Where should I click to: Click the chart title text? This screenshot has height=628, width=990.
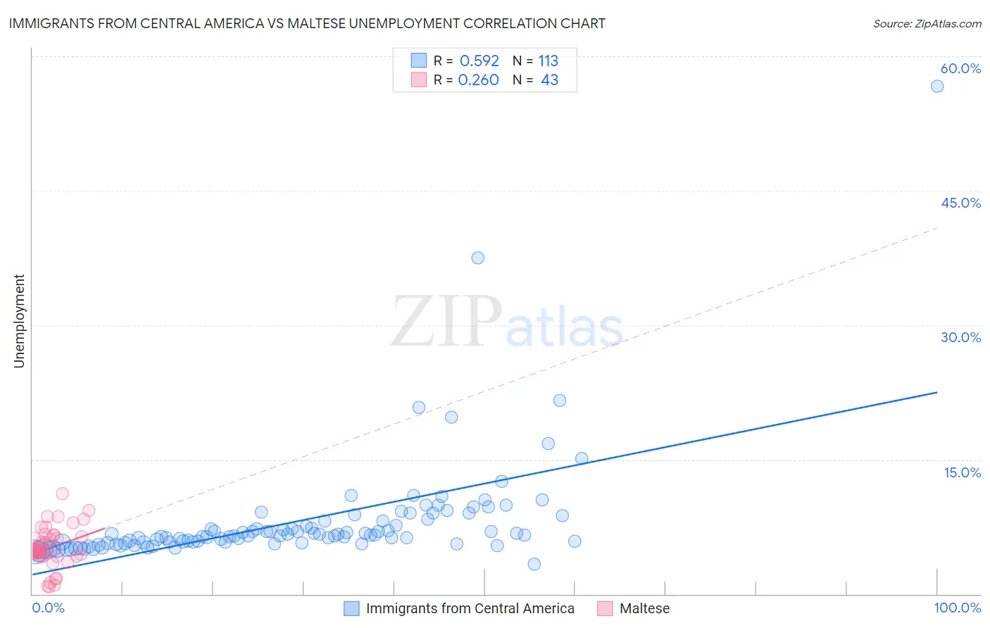[x=307, y=23]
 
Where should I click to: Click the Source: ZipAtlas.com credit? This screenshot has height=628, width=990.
[x=927, y=23]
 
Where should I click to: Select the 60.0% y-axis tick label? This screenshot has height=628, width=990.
[x=960, y=68]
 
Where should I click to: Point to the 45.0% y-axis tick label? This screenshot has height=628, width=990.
[x=960, y=203]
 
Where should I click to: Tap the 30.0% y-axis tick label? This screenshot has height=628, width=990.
[x=960, y=337]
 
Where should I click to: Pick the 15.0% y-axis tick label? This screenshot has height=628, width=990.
[x=962, y=472]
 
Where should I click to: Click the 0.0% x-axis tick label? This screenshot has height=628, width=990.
[x=48, y=608]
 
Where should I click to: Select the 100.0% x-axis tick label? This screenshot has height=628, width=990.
[x=957, y=608]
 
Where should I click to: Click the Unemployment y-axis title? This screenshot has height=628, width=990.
[x=19, y=321]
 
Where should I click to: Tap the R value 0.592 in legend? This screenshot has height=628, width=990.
[x=479, y=61]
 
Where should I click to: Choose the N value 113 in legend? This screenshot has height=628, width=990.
[x=549, y=61]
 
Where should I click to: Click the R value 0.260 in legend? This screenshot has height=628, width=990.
[x=478, y=80]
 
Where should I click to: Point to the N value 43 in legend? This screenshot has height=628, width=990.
[x=549, y=80]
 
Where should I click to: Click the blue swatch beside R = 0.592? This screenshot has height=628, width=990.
[x=419, y=61]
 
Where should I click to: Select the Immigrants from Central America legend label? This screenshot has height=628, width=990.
[x=470, y=608]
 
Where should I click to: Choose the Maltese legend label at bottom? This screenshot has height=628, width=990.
[x=644, y=608]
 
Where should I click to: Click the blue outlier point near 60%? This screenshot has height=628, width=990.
[x=937, y=86]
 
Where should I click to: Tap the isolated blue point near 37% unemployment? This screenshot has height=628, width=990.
[x=477, y=258]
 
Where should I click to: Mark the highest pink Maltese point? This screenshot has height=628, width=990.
[x=62, y=494]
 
